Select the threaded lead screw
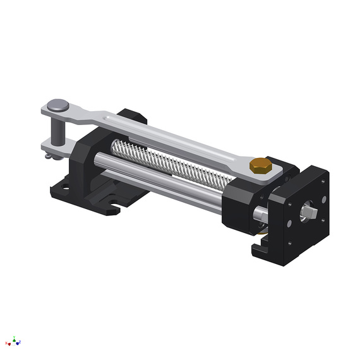[x=171, y=164]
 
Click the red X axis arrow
[x=8, y=343]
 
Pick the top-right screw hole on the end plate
[x=323, y=182]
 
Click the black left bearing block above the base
[x=85, y=161]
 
